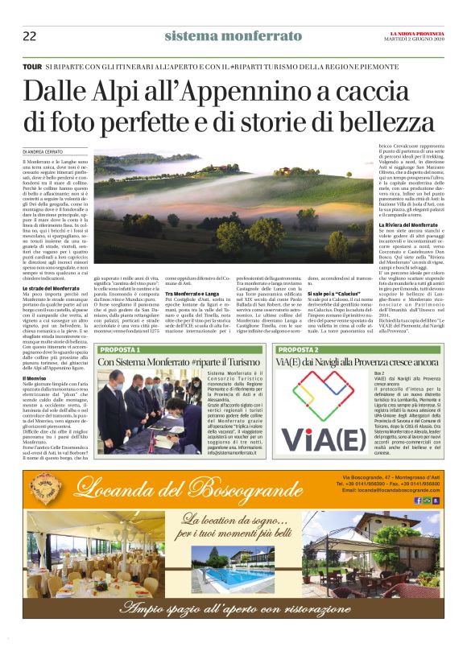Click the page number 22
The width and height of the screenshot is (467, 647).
point(29,35)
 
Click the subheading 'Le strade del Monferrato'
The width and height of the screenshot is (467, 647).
point(50,287)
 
